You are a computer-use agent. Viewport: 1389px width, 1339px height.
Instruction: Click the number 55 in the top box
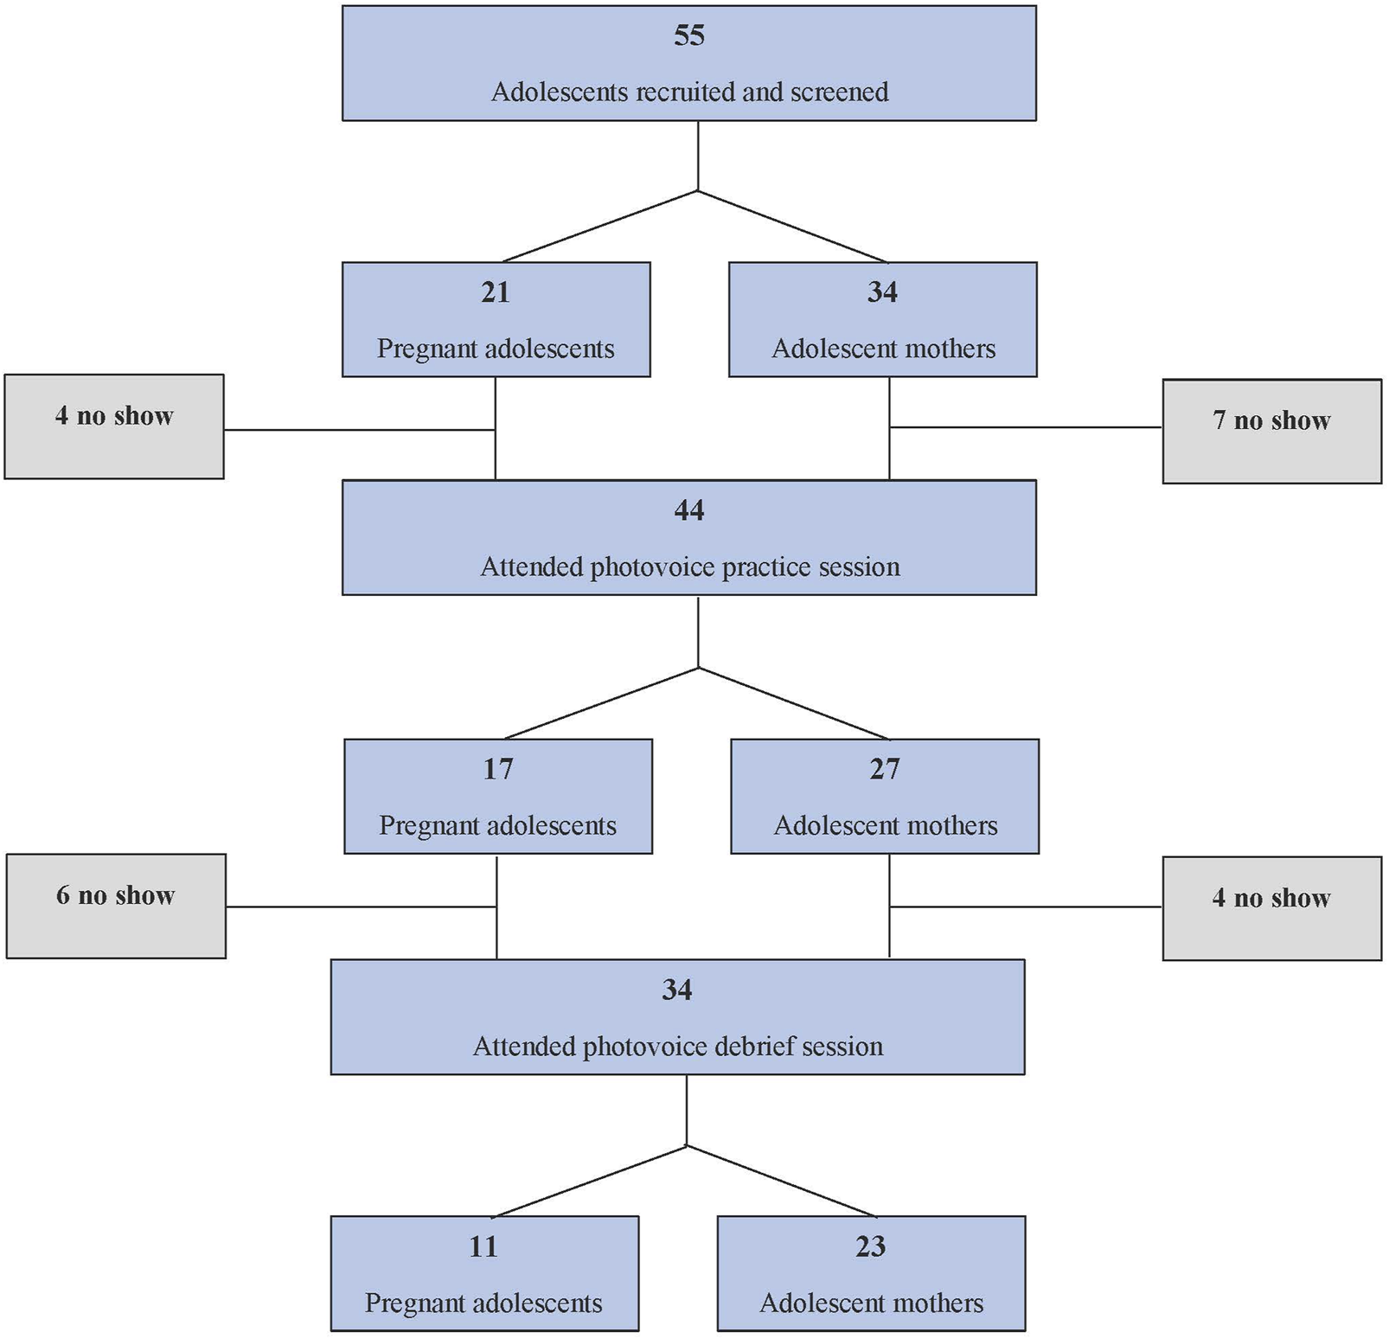pos(689,35)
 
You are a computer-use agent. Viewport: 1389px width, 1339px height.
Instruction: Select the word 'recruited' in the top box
pos(687,92)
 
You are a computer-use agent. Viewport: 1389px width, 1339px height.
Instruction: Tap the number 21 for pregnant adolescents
pos(496,292)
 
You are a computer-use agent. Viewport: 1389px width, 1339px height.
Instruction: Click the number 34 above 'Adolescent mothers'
pos(882,292)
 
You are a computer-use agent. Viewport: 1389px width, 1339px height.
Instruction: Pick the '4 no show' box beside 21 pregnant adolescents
pos(114,426)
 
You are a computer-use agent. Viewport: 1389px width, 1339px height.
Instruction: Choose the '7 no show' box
pos(1271,431)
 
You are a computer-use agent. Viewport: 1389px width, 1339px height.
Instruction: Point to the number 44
pos(689,510)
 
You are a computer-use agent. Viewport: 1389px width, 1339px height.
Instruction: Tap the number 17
pos(498,769)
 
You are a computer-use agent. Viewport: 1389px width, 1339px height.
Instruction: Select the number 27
pos(885,769)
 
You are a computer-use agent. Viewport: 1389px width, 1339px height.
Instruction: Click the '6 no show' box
pos(116,906)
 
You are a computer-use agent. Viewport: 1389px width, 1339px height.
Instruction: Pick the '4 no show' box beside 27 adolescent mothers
pos(1271,908)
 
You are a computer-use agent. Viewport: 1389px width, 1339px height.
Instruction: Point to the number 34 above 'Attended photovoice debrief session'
pos(677,990)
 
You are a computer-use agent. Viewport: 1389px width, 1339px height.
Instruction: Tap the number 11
pos(483,1246)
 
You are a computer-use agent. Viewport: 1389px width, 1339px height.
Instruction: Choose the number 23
pos(870,1246)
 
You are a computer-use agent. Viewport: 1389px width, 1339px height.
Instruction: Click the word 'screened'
pos(839,92)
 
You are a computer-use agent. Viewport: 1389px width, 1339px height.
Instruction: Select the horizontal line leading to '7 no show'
pos(1026,427)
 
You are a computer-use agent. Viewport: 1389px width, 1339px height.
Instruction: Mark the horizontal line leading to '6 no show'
pos(362,907)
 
